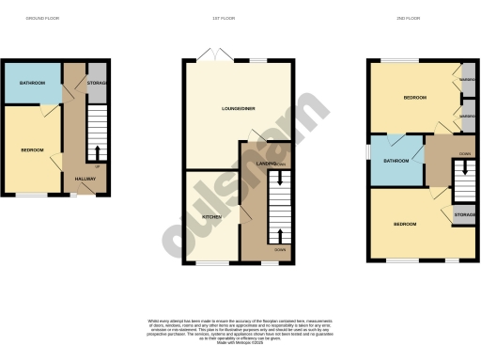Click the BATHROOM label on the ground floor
click(31, 83)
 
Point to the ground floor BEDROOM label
click(33, 149)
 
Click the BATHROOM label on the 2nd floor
click(396, 161)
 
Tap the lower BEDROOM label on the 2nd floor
click(405, 225)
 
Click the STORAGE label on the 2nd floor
click(464, 216)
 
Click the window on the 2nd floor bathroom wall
click(368, 160)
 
